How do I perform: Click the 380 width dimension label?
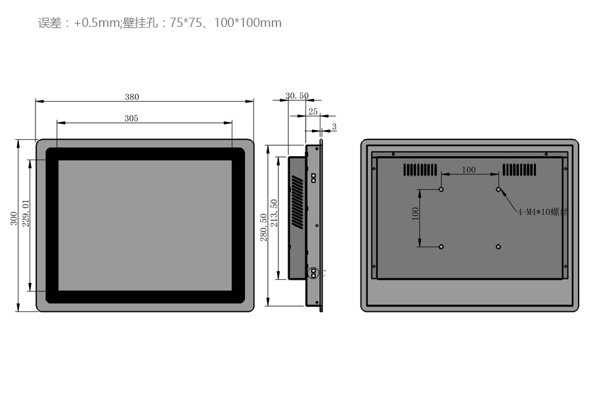coord(132,97)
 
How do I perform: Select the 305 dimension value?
coord(131,118)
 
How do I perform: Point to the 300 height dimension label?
coord(14,219)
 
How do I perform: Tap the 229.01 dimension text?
coord(26,213)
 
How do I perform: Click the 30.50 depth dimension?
coord(297,96)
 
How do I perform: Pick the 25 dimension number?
coord(313,112)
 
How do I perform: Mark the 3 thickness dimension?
coord(334,127)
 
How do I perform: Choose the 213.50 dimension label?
coord(274,213)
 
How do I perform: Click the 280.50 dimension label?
coord(263,227)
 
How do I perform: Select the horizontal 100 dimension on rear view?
coord(469,169)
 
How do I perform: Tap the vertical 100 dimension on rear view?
coord(415,213)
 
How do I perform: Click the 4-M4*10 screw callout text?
coord(542,212)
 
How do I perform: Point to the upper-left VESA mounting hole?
coord(441,189)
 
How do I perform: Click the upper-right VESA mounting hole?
coord(498,189)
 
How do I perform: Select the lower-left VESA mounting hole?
coord(441,247)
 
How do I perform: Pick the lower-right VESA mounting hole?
coord(498,247)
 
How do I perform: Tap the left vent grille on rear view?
coord(420,169)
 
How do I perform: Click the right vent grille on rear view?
coord(519,169)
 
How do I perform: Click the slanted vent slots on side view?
coord(297,202)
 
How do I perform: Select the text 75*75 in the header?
coord(185,22)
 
